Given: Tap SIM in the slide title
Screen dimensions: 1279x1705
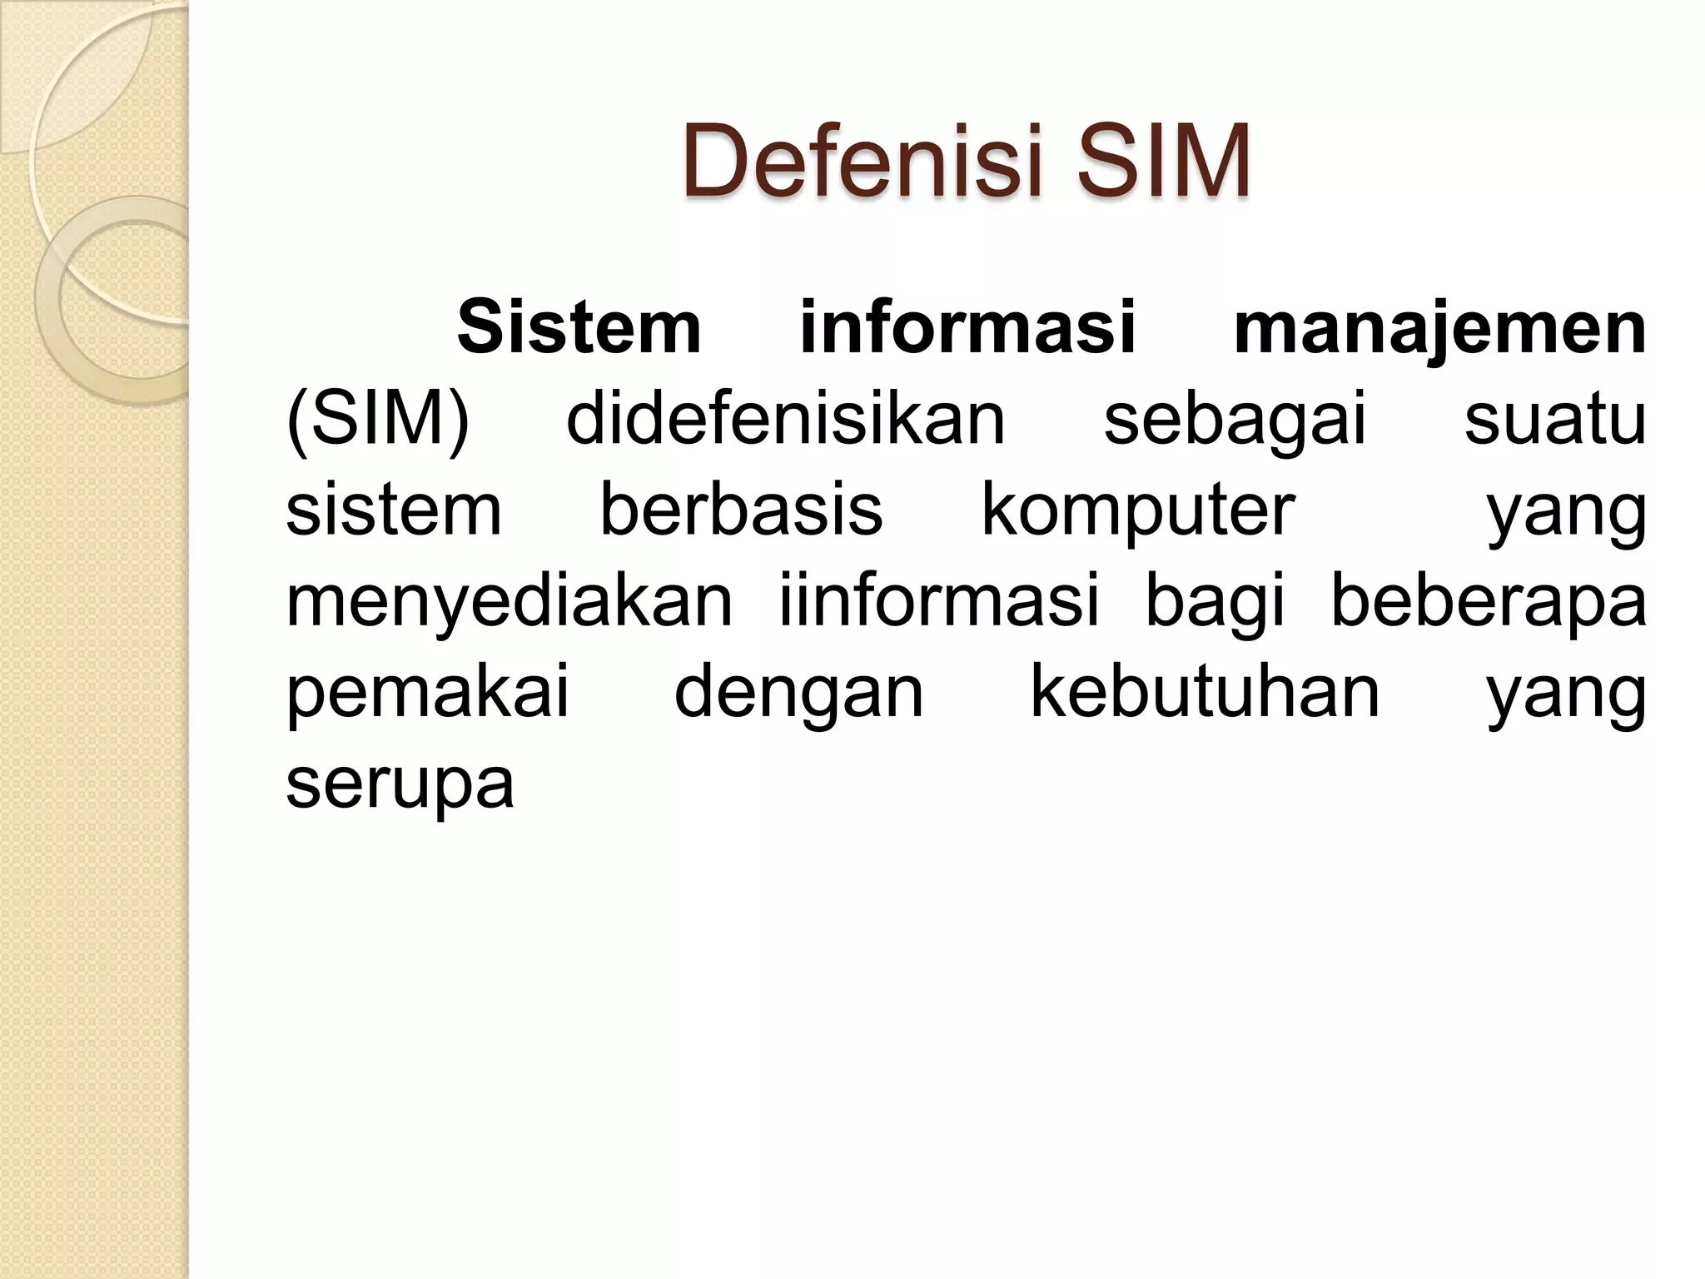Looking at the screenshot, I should [1161, 161].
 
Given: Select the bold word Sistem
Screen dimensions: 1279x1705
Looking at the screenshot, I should [579, 327].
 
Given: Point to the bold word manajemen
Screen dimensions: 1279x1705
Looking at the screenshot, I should [1439, 327].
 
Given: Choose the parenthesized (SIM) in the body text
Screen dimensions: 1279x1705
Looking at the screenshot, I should [378, 419].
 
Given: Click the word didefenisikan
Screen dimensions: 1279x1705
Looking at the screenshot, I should [785, 419].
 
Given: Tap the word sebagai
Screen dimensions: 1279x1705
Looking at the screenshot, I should [1235, 419].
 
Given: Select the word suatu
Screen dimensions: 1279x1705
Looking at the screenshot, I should [1554, 419].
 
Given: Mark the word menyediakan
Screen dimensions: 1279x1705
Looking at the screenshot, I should [509, 601].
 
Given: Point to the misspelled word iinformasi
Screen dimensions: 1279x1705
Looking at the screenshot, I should [939, 601].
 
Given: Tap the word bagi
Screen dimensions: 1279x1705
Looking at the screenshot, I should [1215, 601].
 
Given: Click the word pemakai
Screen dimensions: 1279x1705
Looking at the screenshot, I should [428, 693].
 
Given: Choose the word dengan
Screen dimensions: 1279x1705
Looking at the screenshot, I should [798, 693].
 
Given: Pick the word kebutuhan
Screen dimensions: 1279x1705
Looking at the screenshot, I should [1205, 693].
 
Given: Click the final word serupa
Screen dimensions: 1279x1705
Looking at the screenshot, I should [400, 784].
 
